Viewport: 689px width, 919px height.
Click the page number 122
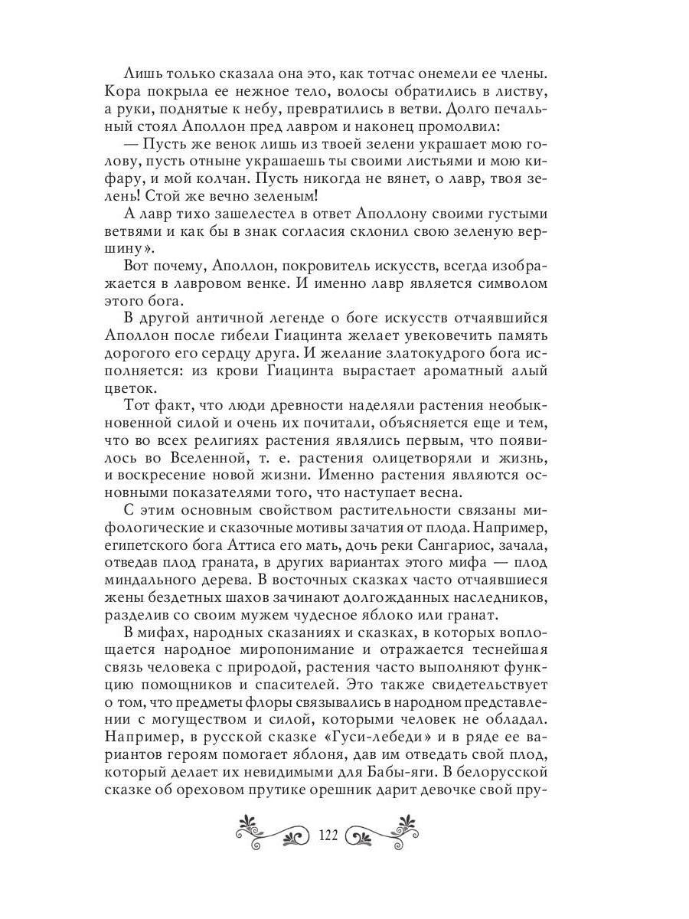point(327,834)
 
